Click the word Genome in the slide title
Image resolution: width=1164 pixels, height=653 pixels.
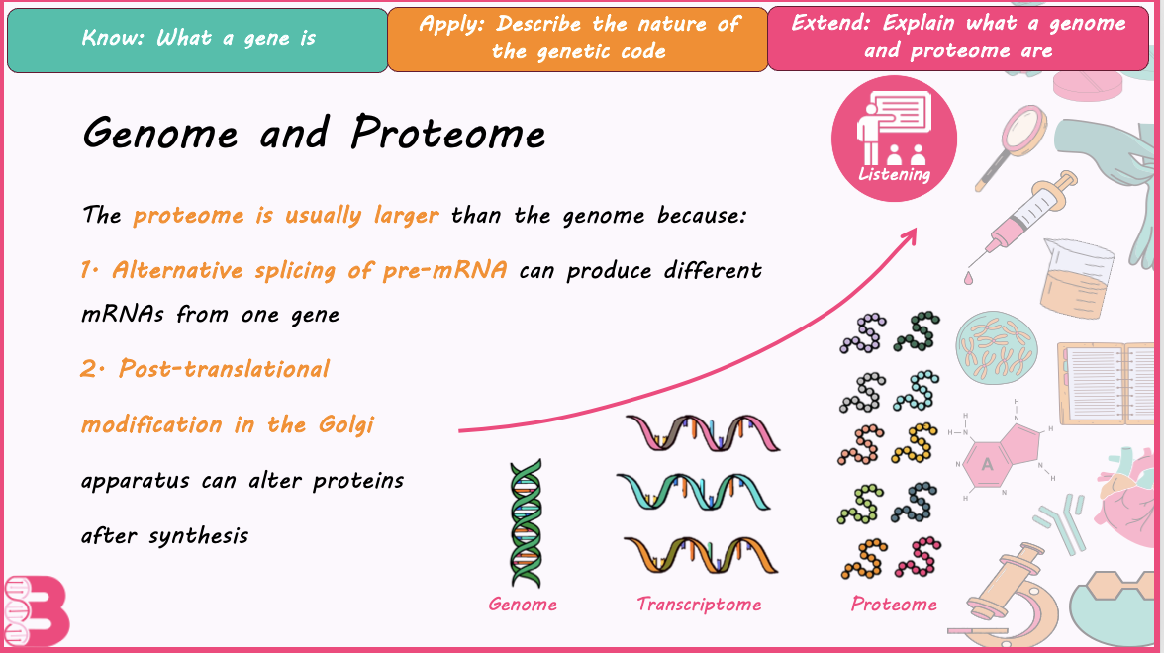160,135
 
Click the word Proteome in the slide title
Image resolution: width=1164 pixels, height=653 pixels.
447,133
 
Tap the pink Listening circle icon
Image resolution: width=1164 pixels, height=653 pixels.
894,139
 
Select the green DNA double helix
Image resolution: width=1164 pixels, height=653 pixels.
526,523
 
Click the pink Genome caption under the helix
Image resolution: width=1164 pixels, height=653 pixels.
523,604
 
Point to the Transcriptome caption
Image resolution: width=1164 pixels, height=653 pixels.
699,604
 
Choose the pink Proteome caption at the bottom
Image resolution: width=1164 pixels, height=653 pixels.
894,604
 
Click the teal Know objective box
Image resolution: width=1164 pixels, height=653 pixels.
198,40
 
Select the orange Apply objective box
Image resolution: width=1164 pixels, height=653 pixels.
578,40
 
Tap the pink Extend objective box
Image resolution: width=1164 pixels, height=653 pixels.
958,39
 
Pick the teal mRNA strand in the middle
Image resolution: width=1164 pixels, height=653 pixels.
694,492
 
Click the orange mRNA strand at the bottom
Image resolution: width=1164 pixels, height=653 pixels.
700,555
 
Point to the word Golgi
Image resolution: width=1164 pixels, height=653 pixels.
346,424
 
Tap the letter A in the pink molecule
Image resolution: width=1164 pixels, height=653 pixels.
987,465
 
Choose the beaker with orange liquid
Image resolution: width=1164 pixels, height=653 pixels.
1077,277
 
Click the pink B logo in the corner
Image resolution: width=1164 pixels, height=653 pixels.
38,610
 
